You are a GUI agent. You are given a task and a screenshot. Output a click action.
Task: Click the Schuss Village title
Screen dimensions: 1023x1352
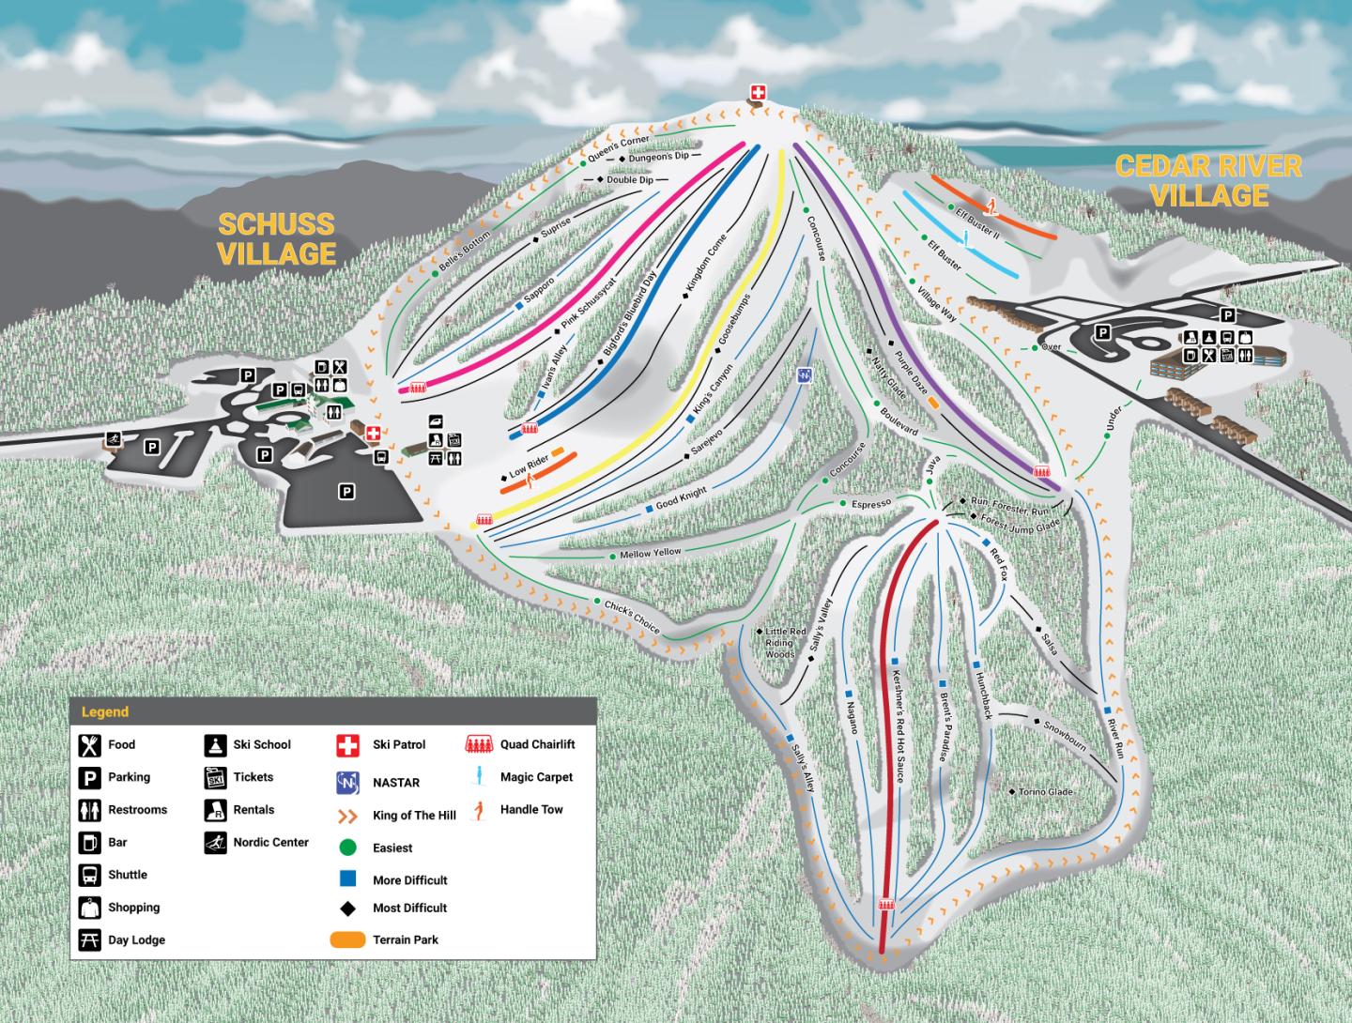coord(276,238)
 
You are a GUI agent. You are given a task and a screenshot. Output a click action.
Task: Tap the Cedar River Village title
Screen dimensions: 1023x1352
coord(1209,181)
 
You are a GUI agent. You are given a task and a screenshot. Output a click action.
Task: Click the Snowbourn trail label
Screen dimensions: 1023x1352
coord(1065,737)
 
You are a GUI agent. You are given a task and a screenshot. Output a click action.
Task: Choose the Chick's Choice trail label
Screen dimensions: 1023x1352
coord(632,616)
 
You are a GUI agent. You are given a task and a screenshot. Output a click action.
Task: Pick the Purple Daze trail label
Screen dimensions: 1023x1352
coord(911,374)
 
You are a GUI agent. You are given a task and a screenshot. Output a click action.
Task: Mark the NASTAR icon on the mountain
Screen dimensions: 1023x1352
coord(804,375)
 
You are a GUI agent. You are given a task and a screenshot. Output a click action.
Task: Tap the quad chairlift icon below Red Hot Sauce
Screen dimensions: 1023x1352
coord(886,905)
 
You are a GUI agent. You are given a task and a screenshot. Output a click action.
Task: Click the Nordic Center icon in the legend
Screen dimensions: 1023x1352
coord(215,843)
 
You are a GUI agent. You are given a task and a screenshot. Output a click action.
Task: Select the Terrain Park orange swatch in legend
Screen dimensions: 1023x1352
coord(348,939)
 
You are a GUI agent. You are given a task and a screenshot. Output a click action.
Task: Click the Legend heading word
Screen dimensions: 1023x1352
coord(105,712)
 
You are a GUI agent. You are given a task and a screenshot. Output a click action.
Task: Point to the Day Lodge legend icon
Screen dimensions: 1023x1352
coord(89,939)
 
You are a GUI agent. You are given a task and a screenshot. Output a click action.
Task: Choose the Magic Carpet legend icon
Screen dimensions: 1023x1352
coord(479,776)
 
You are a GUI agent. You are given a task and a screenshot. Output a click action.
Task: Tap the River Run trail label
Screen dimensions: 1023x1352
coord(1115,739)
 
